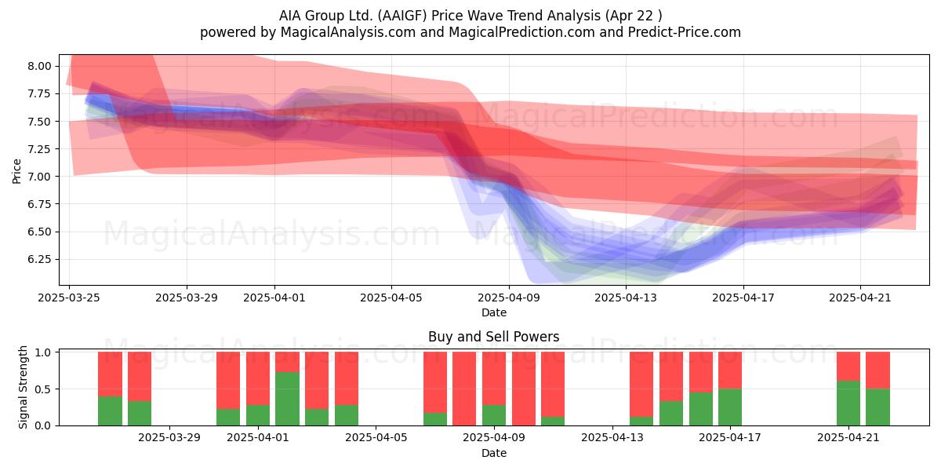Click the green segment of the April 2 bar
(287, 399)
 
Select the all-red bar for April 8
(464, 389)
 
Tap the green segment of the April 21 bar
(848, 403)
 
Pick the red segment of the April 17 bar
(730, 370)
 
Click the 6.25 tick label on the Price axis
(39, 259)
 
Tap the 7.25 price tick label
(39, 149)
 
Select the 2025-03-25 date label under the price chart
(69, 298)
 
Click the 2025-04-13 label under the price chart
(626, 298)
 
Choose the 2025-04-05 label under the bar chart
(376, 438)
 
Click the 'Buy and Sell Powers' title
(493, 337)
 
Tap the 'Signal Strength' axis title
(23, 387)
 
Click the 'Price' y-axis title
(16, 171)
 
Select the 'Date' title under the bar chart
(493, 453)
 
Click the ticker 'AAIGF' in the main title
(402, 16)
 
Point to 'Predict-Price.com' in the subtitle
(685, 32)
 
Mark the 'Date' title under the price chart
(493, 312)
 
